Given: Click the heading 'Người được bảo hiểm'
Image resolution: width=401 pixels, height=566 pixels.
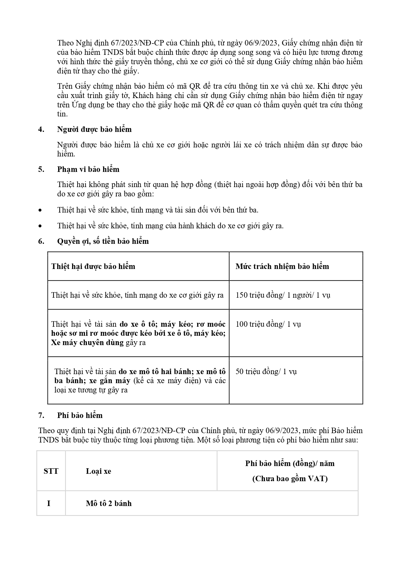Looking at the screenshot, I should [x=94, y=129].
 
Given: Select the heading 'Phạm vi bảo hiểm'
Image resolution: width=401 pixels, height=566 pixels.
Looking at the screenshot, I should [x=88, y=169].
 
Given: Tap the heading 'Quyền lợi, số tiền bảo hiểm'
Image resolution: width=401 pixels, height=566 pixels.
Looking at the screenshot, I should [x=103, y=241].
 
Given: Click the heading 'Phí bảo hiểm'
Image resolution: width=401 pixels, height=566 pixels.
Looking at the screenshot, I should [x=80, y=415].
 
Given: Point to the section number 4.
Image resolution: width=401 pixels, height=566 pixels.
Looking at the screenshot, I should [x=41, y=129].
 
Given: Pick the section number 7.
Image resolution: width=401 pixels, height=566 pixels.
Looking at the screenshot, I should [x=41, y=415].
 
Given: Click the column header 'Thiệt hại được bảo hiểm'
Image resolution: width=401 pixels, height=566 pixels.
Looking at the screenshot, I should [x=93, y=266].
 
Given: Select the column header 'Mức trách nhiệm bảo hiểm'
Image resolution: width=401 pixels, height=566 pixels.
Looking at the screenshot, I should [x=282, y=266].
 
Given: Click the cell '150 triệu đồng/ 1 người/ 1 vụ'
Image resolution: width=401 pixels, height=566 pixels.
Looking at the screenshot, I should [x=283, y=295].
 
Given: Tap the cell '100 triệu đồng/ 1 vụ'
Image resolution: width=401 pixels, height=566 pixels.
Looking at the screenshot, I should [x=268, y=324].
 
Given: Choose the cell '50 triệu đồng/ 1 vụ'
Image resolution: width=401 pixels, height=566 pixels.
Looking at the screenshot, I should [x=266, y=372].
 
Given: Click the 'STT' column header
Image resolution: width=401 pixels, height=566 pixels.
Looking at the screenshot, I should [x=51, y=471].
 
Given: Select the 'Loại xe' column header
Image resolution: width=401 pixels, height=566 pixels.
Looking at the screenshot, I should [x=99, y=471].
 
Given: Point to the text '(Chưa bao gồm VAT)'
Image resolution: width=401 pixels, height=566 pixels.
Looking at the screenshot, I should [x=290, y=479].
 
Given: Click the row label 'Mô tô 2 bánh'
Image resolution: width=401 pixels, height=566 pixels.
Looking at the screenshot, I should [x=109, y=503].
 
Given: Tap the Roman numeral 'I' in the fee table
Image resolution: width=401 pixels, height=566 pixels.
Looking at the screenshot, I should [x=49, y=503].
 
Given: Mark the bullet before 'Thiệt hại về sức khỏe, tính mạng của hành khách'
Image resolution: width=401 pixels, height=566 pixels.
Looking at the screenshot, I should [x=40, y=226].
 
